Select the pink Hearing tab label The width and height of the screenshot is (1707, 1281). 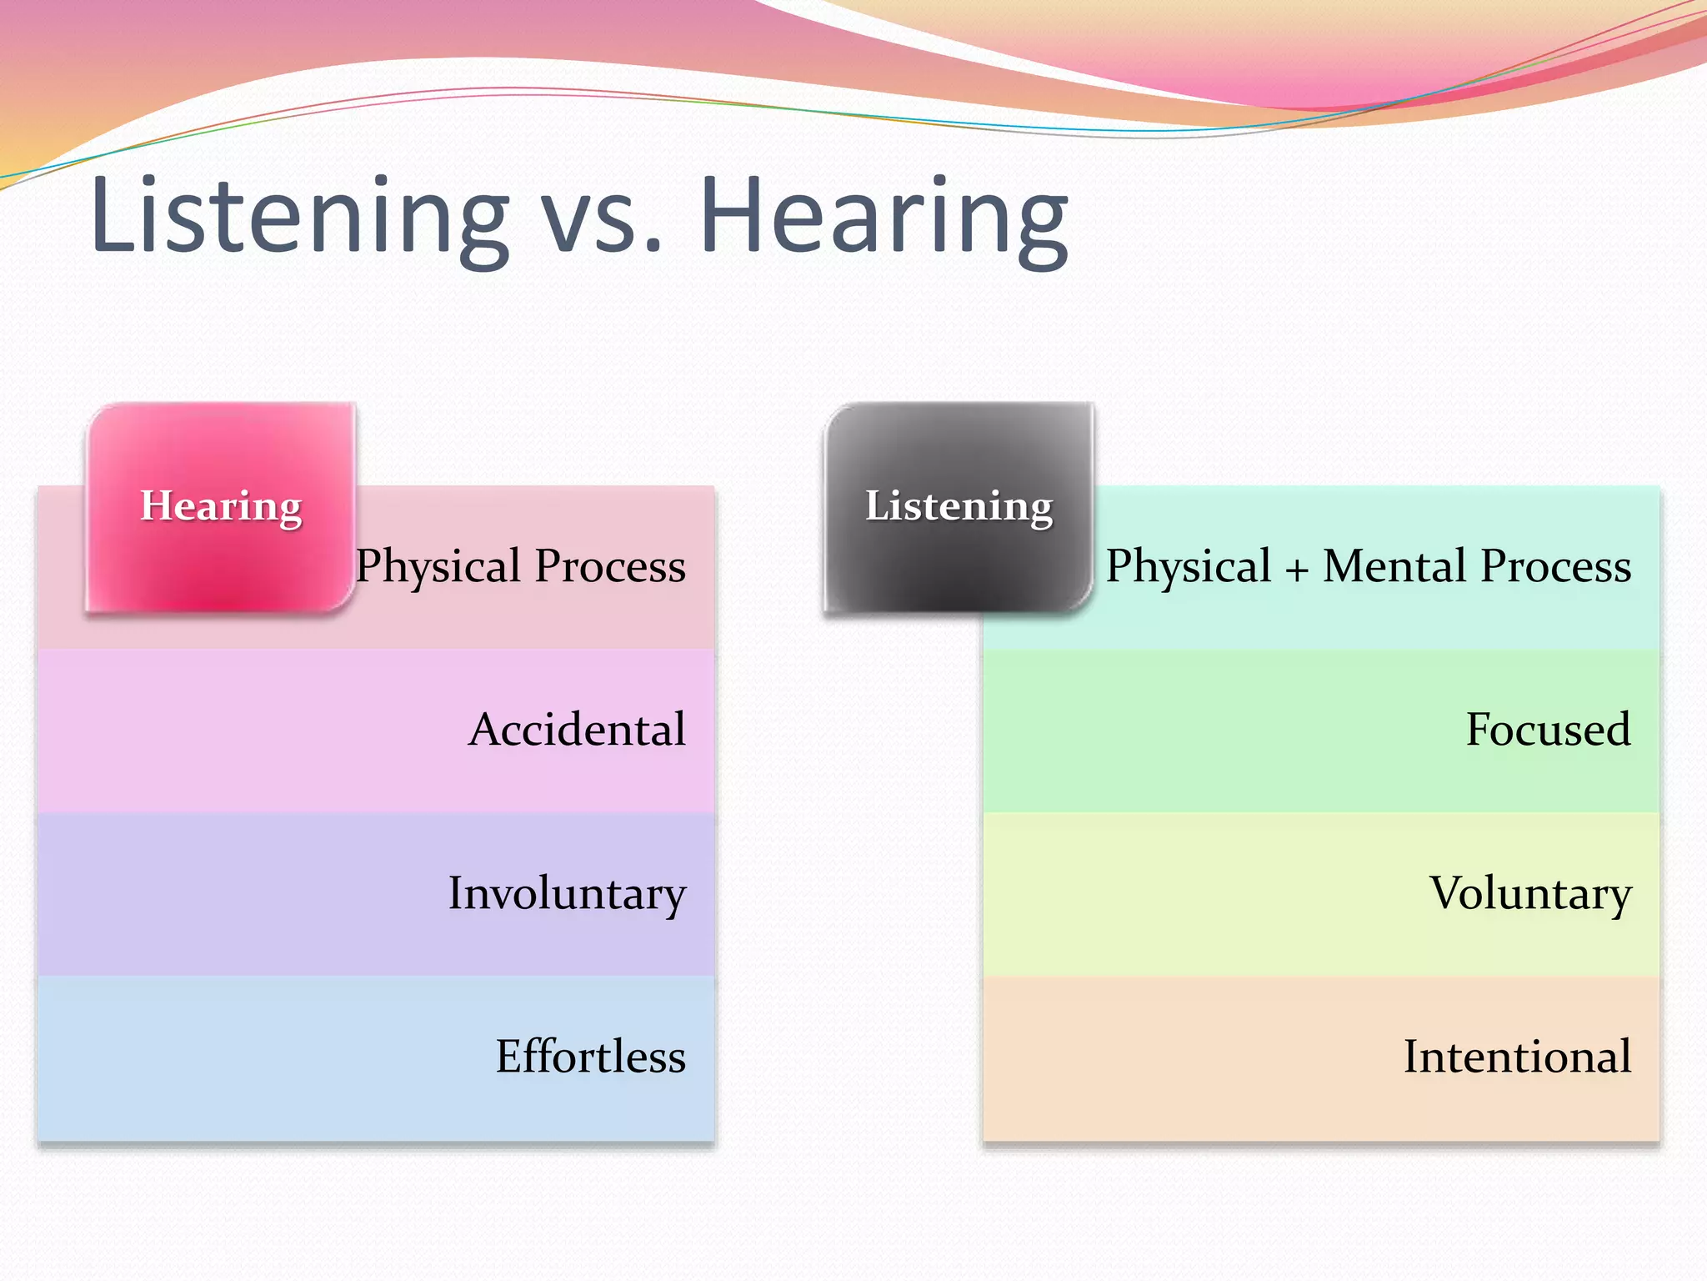pos(221,505)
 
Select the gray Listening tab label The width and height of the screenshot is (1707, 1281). pos(959,505)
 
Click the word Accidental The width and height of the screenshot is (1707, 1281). pos(577,730)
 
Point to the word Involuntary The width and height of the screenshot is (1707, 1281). pos(567,894)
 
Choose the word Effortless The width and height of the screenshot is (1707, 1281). pos(590,1057)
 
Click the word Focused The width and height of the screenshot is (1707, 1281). pos(1548,730)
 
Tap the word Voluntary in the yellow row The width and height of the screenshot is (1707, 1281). pos(1530,894)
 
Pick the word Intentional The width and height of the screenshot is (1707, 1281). pos(1517,1057)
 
